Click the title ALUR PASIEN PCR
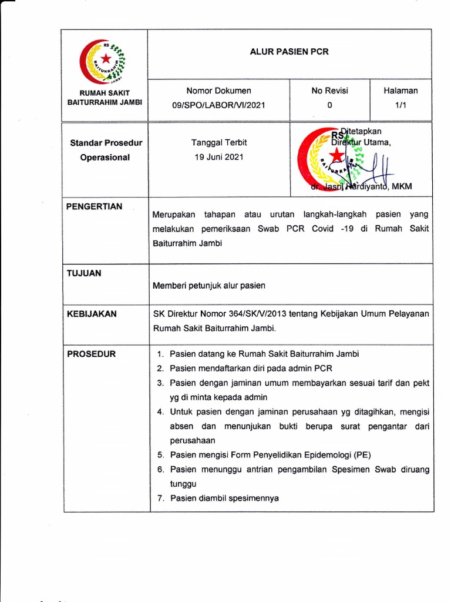point(289,52)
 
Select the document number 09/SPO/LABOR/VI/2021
point(218,105)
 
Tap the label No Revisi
point(329,91)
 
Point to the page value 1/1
point(400,105)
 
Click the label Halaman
point(400,91)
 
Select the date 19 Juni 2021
point(218,157)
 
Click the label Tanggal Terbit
point(219,142)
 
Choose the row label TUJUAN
point(83,273)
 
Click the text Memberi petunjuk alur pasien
point(209,286)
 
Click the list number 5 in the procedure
point(160,455)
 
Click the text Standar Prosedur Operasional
point(106,150)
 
